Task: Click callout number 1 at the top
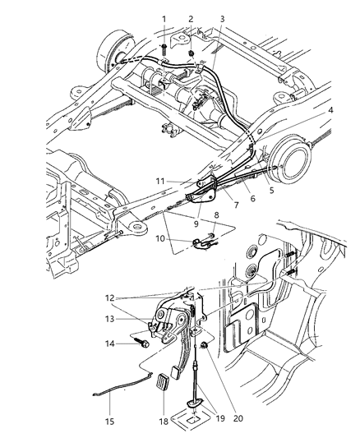[x=164, y=19]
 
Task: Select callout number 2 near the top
[x=190, y=19]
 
